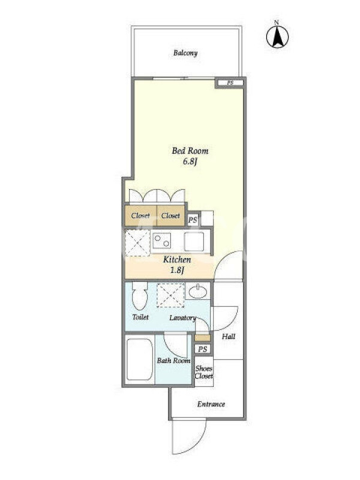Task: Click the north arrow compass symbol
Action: click(x=277, y=37)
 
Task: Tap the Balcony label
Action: click(x=185, y=53)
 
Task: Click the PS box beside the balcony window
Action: click(x=230, y=83)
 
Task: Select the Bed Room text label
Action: click(x=190, y=151)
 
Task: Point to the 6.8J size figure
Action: click(x=190, y=161)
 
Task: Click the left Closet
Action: click(x=140, y=216)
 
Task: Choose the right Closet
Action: click(x=170, y=216)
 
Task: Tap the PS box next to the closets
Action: click(x=193, y=220)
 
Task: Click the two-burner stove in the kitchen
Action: click(x=162, y=241)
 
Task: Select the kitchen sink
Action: click(x=194, y=242)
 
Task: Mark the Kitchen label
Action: click(x=177, y=260)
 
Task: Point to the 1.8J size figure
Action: click(x=177, y=270)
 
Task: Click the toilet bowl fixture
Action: click(x=140, y=296)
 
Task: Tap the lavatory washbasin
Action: click(x=198, y=292)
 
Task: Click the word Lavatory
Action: click(x=183, y=318)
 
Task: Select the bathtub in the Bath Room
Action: click(x=139, y=359)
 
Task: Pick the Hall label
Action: click(x=229, y=337)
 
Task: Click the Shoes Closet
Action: click(x=204, y=371)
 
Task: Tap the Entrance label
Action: click(x=211, y=404)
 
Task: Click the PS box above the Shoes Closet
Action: click(x=203, y=349)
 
